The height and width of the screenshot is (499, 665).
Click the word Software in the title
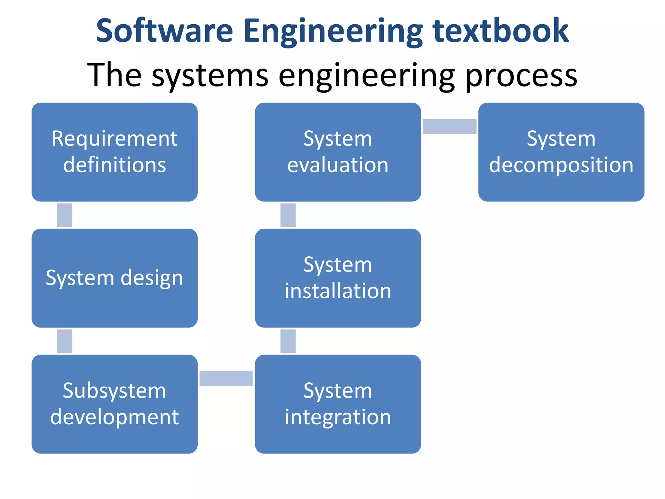164,31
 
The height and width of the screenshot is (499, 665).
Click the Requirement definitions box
114,152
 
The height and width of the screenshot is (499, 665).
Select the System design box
114,278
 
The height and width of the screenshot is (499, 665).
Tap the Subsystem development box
114,404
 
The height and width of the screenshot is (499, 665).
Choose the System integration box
338,404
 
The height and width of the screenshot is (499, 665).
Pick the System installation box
338,278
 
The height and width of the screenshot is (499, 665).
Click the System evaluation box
338,152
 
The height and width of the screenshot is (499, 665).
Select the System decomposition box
561,152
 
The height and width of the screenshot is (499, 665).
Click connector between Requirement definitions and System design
64,215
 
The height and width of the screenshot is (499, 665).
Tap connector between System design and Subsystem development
64,341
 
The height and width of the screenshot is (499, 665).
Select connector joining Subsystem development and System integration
226,378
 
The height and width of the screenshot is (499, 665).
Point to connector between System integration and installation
288,341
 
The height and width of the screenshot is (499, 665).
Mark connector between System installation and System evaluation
288,215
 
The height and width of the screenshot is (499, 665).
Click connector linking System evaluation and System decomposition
449,126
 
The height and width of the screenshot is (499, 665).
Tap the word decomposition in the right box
561,165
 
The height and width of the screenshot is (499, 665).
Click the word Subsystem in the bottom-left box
114,391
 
